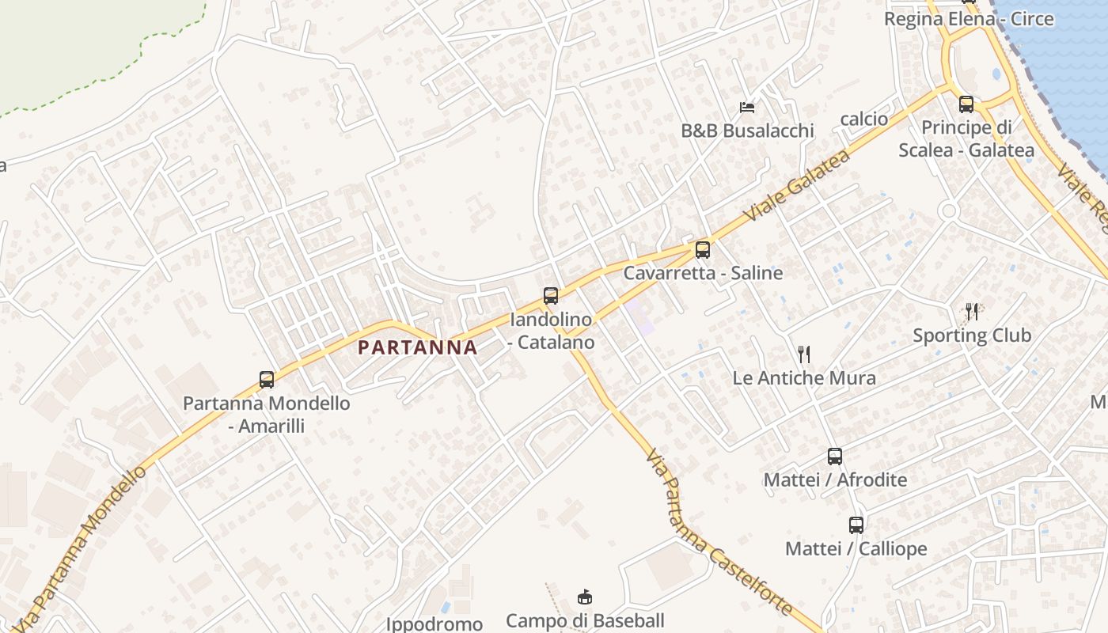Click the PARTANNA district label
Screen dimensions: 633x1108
[417, 347]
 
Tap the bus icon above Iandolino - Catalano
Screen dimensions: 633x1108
[551, 296]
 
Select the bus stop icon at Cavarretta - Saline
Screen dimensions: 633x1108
[702, 250]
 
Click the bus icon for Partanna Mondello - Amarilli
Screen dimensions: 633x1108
[267, 379]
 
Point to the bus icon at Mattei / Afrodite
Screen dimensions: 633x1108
[835, 456]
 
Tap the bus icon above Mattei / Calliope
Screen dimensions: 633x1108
[856, 525]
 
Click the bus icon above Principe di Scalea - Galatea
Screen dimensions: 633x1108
[966, 104]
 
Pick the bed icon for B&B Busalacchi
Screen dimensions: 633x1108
[747, 107]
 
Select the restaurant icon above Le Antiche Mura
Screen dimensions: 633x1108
[804, 353]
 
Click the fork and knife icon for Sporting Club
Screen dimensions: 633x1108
[972, 311]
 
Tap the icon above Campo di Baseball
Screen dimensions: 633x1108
[585, 597]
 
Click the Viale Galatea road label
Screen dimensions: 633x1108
[797, 185]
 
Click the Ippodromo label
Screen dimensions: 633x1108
[434, 624]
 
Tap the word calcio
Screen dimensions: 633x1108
[863, 119]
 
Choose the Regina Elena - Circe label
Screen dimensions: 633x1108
[969, 19]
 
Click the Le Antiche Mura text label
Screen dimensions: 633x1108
[804, 377]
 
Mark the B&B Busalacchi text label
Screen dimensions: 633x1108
[747, 131]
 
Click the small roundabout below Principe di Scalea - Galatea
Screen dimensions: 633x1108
[948, 210]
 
